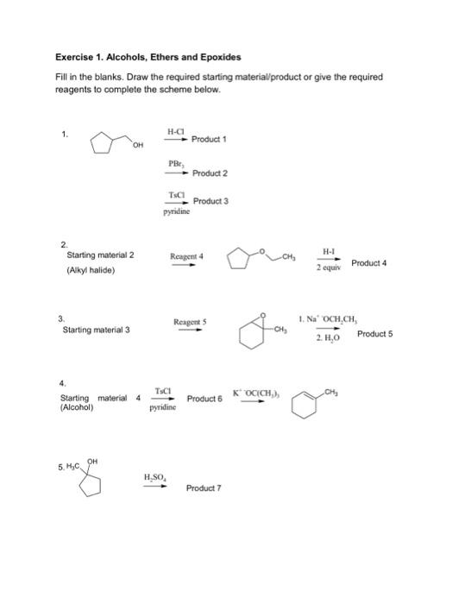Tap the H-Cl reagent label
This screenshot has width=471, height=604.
click(x=176, y=131)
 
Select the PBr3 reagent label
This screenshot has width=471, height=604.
click(x=175, y=162)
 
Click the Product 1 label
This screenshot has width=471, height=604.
click(x=210, y=139)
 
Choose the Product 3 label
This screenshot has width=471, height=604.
click(x=210, y=201)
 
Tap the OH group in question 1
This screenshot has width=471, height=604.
click(x=138, y=146)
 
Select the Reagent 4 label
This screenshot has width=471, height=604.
click(x=186, y=255)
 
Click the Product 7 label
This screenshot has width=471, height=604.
click(x=204, y=488)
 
